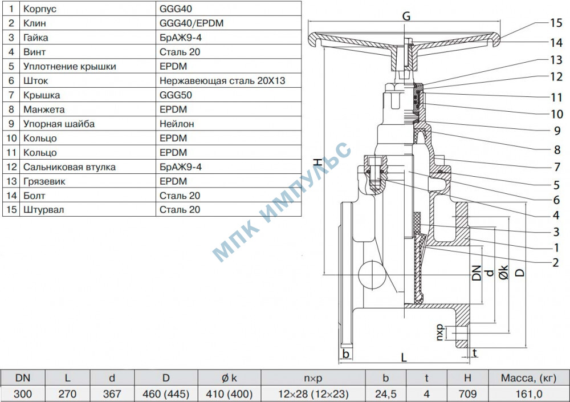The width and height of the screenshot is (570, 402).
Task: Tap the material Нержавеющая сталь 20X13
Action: pos(222,80)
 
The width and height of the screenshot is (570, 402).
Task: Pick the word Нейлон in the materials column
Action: pos(174,124)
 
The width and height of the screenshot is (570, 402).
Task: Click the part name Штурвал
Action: pos(43,209)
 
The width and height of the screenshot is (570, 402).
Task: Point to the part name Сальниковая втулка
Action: pos(69,167)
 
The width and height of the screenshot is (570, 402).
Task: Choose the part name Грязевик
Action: pos(44,181)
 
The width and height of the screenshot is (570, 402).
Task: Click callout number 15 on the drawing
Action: pos(556,23)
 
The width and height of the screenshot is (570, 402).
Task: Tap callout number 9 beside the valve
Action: pos(556,130)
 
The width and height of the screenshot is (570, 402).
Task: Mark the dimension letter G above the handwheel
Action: pos(406,17)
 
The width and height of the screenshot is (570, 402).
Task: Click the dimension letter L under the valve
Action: pos(404,358)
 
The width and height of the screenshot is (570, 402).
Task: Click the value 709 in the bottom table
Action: pos(467,393)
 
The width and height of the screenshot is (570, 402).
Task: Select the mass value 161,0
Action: pos(528,393)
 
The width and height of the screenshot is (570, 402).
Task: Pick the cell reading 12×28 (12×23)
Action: pos(313,393)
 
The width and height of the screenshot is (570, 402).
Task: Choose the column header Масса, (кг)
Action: pos(528,377)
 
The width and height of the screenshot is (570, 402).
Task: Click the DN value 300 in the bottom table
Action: pos(23,393)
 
